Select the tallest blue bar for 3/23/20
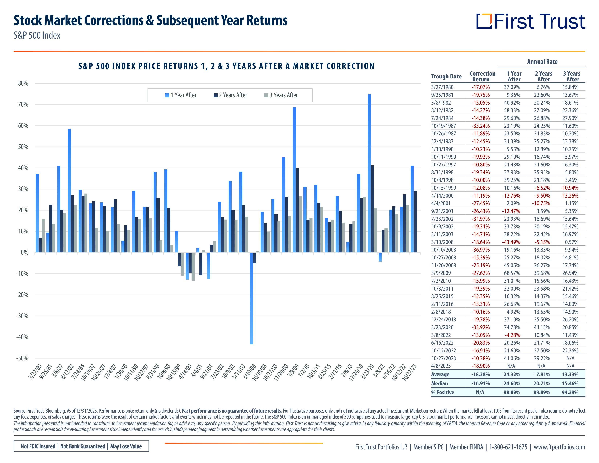pyautogui.click(x=369, y=173)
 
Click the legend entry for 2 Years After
pyautogui.click(x=230, y=95)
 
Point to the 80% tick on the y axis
pyautogui.click(x=23, y=83)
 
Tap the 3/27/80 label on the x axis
pyautogui.click(x=36, y=372)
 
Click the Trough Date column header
pyautogui.click(x=446, y=76)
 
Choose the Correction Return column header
pyautogui.click(x=482, y=76)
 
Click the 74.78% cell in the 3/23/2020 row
pyautogui.click(x=512, y=327)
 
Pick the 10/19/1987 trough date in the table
pyautogui.click(x=443, y=126)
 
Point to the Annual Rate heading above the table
pyautogui.click(x=542, y=62)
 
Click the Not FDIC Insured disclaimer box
pyautogui.click(x=81, y=446)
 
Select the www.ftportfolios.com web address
pyautogui.click(x=559, y=447)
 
